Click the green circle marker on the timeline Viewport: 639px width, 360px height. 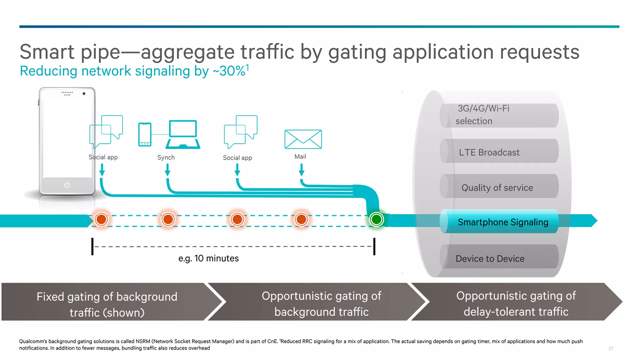click(376, 219)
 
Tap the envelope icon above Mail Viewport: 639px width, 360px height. click(303, 139)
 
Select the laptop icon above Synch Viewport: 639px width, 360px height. click(183, 134)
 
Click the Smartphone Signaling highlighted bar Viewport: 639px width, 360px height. click(499, 222)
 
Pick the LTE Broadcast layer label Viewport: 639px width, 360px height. click(489, 152)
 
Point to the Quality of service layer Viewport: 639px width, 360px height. click(497, 187)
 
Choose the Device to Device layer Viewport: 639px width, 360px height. click(490, 259)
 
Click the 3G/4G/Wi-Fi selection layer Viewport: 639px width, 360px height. click(482, 115)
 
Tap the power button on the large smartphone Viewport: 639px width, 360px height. click(67, 185)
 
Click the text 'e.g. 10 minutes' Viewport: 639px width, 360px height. click(208, 258)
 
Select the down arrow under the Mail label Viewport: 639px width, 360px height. click(301, 170)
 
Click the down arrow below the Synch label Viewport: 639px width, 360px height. click(168, 170)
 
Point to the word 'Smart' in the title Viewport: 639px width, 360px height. click(47, 52)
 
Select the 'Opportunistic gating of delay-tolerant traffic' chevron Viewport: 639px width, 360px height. click(515, 303)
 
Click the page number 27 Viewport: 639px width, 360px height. click(611, 348)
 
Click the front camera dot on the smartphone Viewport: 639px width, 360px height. click(84, 94)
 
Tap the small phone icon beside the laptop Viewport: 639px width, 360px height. click(145, 135)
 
